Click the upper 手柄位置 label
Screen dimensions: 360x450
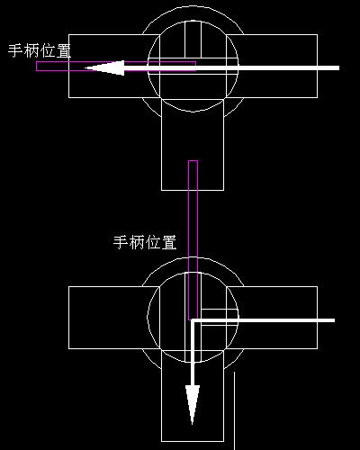[x=40, y=50]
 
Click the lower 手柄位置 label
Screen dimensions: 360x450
[x=145, y=242]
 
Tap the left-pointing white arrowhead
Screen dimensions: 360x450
[x=104, y=68]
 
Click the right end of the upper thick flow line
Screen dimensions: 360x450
[x=339, y=68]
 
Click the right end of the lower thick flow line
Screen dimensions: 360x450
[x=335, y=320]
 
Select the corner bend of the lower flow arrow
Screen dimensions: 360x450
[x=193, y=320]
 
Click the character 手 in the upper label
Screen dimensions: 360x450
[x=15, y=50]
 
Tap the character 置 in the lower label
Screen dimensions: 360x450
[x=169, y=242]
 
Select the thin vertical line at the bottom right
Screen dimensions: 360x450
[x=234, y=410]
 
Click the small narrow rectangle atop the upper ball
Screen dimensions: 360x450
[x=193, y=40]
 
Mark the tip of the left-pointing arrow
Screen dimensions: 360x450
[x=85, y=68]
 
